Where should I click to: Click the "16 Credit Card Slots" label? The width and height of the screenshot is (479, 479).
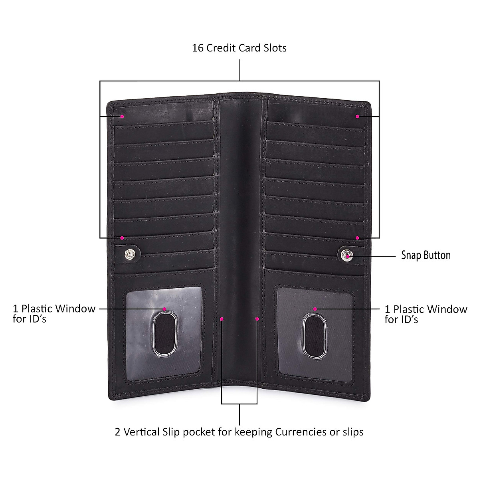point(239,48)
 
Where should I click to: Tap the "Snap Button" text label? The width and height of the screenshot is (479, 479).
point(426,255)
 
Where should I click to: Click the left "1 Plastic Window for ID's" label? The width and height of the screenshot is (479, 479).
point(54,314)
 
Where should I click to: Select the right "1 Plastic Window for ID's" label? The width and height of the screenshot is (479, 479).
point(426,314)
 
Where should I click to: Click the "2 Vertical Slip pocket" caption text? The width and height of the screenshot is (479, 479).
point(239,432)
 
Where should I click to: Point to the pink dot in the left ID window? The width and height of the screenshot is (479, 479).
point(164,309)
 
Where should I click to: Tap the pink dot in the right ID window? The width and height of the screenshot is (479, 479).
point(315,309)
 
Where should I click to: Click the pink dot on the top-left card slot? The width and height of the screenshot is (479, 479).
point(123,117)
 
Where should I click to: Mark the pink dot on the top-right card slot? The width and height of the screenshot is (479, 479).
point(357,117)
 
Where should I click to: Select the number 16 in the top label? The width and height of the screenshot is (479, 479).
point(198,48)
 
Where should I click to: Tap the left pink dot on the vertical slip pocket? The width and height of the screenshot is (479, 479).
point(222,319)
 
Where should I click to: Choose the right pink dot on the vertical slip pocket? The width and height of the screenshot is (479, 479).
point(257,319)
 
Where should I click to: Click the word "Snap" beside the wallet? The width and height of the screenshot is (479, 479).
point(411,255)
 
